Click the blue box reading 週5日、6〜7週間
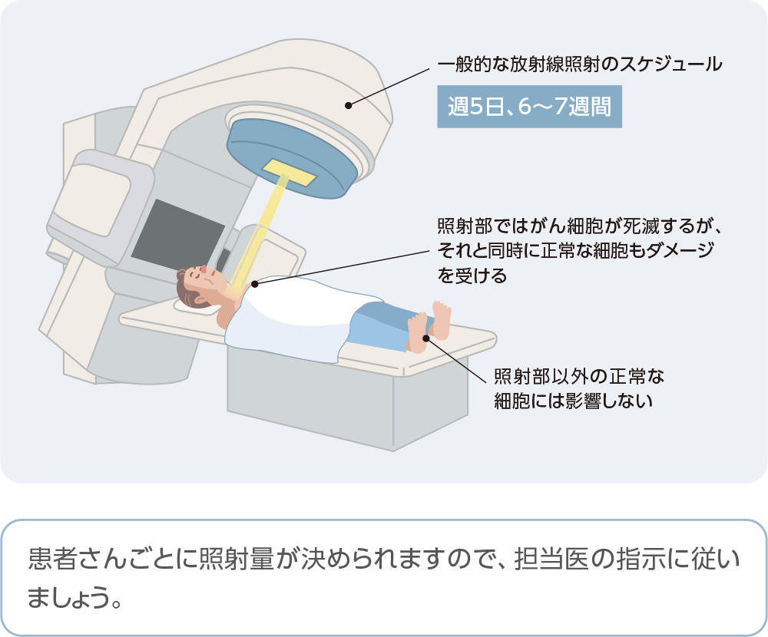(529, 106)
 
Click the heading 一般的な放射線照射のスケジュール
(580, 64)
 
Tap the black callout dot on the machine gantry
(349, 104)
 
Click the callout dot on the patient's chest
(254, 283)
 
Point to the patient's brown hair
(184, 288)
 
